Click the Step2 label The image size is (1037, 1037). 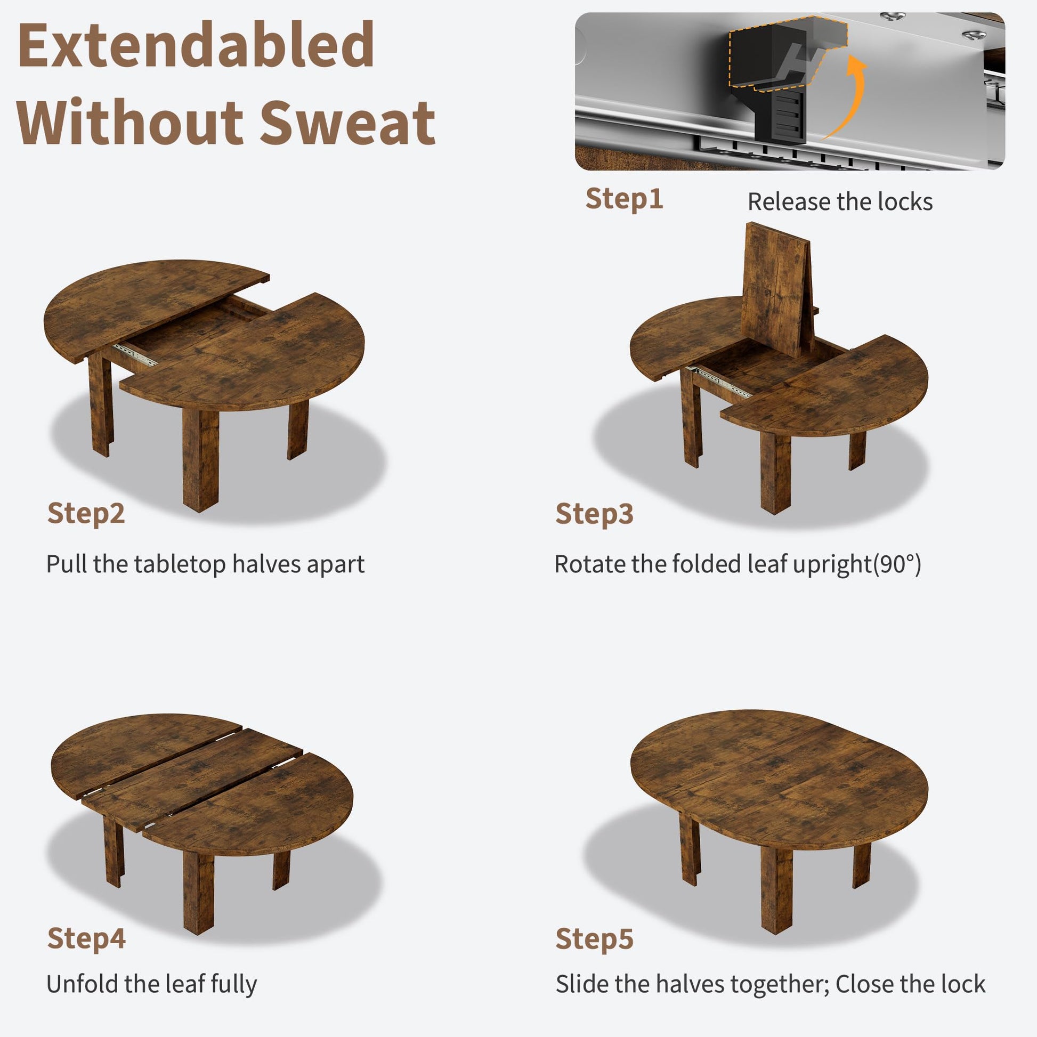point(86,514)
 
